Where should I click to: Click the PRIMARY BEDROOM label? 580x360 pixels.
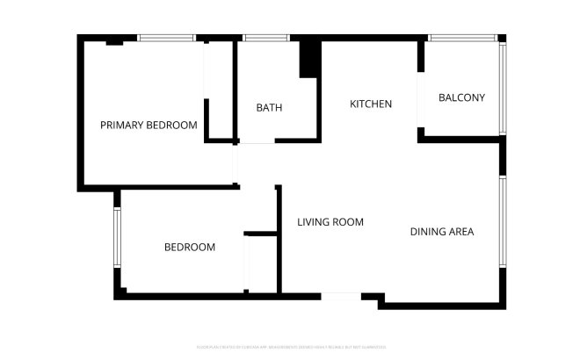(x=148, y=126)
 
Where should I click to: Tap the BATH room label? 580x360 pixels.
(x=269, y=108)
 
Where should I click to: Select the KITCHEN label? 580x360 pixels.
(x=371, y=104)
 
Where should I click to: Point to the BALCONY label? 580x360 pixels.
(x=461, y=98)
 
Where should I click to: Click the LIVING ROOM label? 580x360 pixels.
(x=330, y=222)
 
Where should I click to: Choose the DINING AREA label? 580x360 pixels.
(x=442, y=232)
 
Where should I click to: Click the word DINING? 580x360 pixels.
(x=428, y=232)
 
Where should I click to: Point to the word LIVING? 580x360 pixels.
(x=313, y=222)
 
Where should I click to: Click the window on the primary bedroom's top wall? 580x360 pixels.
(x=167, y=38)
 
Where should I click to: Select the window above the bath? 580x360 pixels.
(x=260, y=38)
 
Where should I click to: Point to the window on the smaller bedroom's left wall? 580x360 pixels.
(x=117, y=237)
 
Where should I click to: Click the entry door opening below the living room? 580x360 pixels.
(x=340, y=297)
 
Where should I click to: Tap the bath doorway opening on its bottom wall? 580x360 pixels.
(x=257, y=141)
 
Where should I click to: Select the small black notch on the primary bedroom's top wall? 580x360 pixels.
(x=114, y=41)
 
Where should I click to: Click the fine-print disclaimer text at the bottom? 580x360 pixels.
(x=289, y=347)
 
